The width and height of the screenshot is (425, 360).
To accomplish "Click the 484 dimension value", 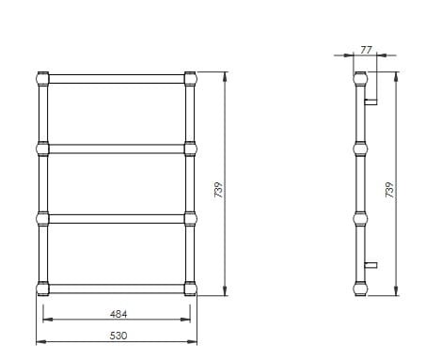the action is point(118,314).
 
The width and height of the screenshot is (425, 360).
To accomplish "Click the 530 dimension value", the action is point(118,336).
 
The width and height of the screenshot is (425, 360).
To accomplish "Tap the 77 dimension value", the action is point(366,50).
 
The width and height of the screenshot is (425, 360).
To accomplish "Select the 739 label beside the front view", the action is point(218,190).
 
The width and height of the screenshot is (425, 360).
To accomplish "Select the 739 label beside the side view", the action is point(389,190).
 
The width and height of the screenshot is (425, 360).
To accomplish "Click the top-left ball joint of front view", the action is point(42,79).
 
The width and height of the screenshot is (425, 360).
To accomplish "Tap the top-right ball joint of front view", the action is point(190,79).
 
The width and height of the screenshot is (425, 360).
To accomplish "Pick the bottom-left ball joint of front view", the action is point(42,289).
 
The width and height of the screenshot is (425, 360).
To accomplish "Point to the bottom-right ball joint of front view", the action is point(190,289).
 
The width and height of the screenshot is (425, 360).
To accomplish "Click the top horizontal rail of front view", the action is point(117,79).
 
